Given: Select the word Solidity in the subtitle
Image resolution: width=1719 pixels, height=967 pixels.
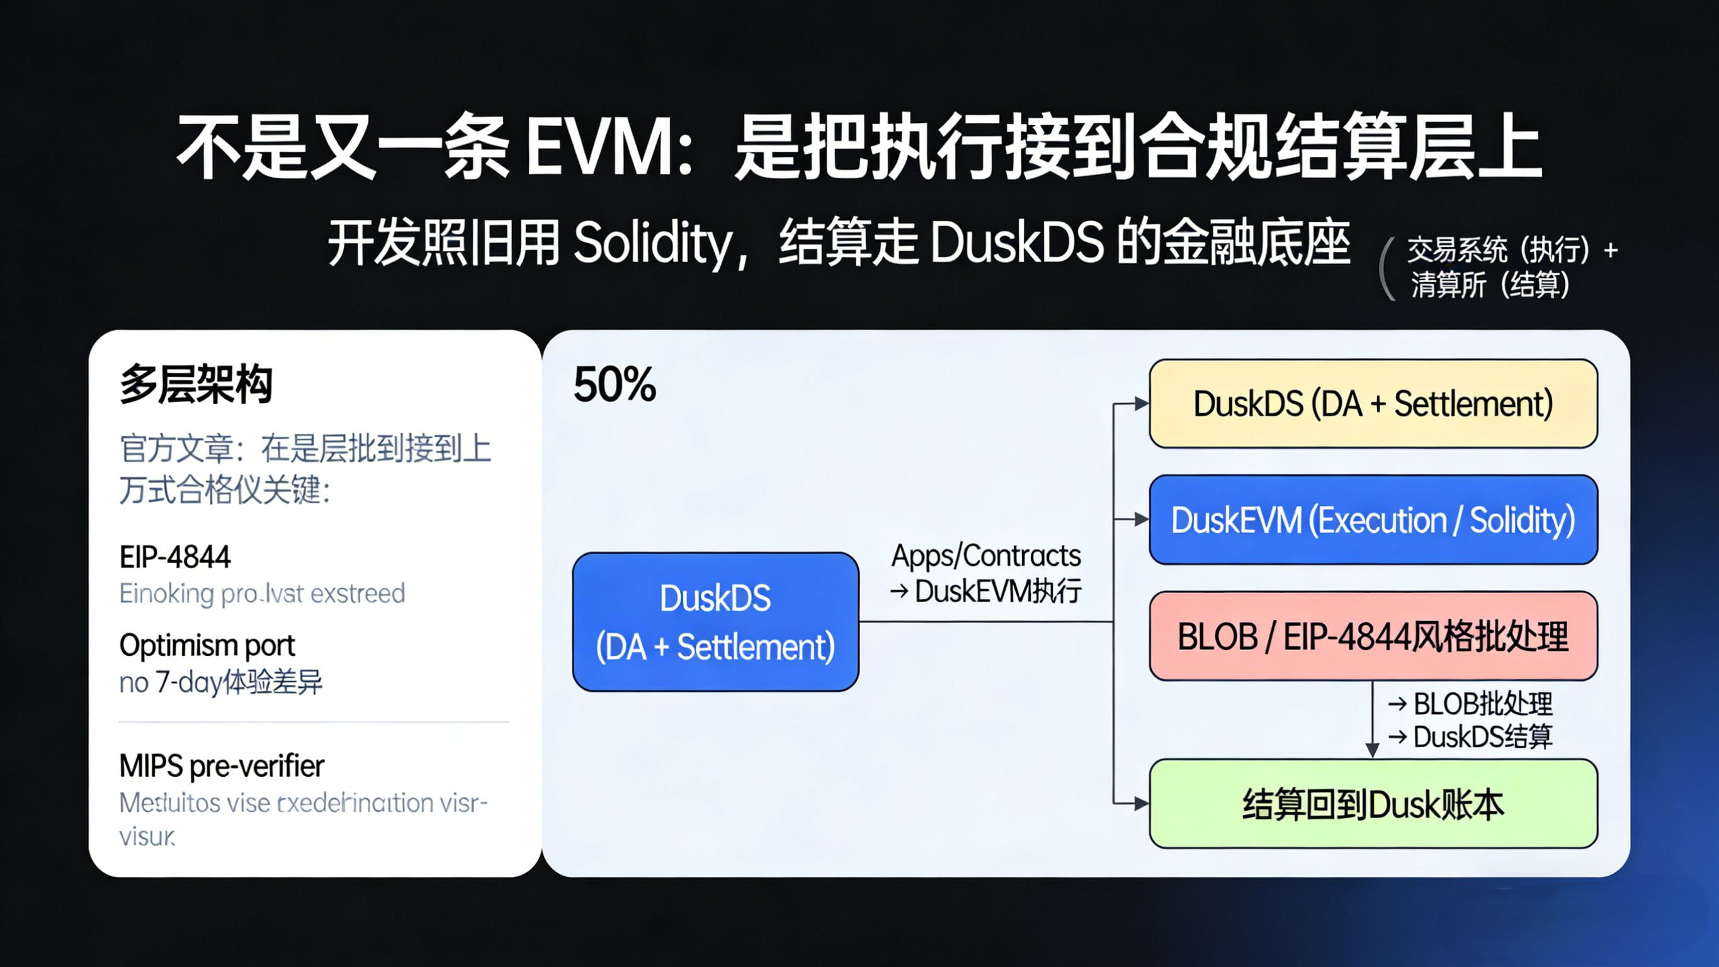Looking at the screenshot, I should (x=652, y=243).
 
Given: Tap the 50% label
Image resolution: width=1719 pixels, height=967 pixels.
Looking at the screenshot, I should (x=615, y=386).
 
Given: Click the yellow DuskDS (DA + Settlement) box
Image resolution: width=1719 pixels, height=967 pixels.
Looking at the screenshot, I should (x=1373, y=403).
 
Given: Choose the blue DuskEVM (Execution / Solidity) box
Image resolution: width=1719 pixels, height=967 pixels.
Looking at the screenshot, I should (x=1373, y=520).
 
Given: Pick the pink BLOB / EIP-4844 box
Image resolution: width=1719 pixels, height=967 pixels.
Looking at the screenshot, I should (x=1373, y=636).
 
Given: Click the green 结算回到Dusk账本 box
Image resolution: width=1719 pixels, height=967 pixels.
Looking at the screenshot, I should (x=1373, y=803).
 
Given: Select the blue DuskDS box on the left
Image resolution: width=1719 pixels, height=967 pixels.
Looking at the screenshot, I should (x=715, y=622).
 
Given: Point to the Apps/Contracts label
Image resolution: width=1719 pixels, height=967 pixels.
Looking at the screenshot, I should (x=985, y=556).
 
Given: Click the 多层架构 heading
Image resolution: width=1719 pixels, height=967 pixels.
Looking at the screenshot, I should (x=196, y=385).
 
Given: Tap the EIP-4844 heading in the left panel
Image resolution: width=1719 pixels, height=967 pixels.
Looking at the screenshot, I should (x=175, y=557).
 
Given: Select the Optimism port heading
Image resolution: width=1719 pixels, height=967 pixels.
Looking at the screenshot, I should (x=207, y=645).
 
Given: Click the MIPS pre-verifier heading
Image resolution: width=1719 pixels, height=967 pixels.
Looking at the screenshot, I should (x=222, y=766).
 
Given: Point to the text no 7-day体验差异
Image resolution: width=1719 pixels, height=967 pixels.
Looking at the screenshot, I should (x=220, y=682).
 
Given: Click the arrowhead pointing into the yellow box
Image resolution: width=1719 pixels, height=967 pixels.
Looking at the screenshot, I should (x=1141, y=403).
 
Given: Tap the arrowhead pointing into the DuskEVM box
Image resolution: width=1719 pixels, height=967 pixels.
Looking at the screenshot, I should (x=1141, y=520).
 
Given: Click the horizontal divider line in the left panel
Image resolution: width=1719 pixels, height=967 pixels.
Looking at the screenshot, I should (x=314, y=722).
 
